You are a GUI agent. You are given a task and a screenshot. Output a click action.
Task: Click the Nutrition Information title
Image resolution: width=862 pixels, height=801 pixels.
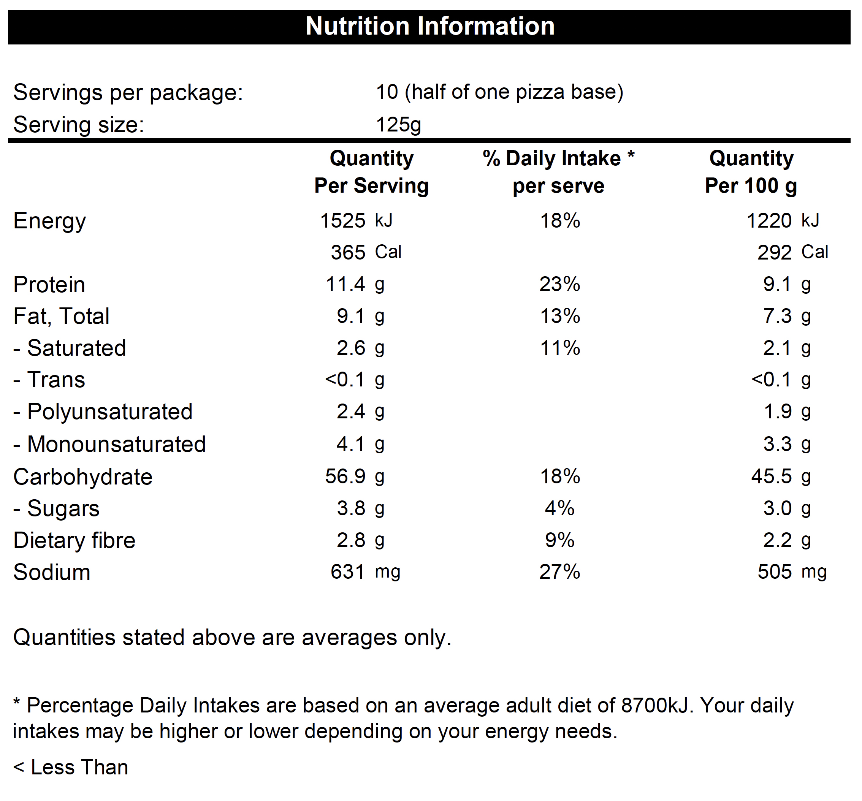tap(430, 27)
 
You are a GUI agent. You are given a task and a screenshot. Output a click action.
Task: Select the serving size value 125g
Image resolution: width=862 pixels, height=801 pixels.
tap(398, 125)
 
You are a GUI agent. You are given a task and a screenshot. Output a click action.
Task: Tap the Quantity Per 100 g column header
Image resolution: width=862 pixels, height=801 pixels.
tap(751, 172)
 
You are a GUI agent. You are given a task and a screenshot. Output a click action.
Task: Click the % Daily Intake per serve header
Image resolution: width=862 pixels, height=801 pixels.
tap(558, 172)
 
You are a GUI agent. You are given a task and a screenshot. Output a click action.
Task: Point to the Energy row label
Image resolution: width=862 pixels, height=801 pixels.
tap(49, 222)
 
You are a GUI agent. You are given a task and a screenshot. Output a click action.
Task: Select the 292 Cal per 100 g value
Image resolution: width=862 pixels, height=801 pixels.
tap(792, 252)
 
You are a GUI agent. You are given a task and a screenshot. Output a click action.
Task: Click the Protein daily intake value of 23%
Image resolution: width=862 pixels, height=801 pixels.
tap(560, 284)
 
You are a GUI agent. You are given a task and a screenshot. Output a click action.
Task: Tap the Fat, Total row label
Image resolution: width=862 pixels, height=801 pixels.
tap(61, 317)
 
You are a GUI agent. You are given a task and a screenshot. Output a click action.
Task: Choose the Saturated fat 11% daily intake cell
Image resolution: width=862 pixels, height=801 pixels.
tap(560, 348)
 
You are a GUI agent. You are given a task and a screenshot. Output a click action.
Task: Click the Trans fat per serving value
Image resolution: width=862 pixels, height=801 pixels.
tap(355, 380)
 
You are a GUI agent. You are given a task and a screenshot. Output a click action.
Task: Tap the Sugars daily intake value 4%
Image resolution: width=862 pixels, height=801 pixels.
tap(560, 508)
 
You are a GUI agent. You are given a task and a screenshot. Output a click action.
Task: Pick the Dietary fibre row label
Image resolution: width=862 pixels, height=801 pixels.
tap(74, 540)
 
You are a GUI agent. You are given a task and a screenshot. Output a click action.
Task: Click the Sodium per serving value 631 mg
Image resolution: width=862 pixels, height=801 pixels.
tap(366, 572)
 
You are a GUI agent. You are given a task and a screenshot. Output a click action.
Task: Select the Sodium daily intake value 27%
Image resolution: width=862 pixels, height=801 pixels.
tap(560, 572)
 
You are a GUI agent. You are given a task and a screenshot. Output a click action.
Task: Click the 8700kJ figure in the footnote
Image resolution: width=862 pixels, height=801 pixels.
tap(655, 706)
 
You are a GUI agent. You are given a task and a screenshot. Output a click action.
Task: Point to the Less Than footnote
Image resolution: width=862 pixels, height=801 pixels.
tap(71, 768)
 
